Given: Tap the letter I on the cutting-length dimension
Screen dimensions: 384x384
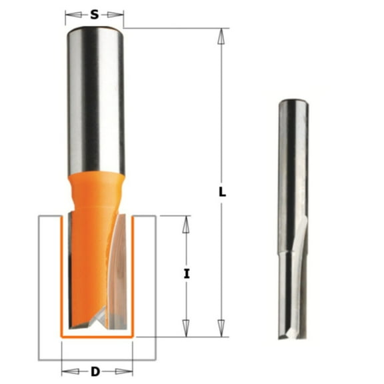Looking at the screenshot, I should (x=187, y=273).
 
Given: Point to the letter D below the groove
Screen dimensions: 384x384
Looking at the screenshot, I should (x=96, y=371).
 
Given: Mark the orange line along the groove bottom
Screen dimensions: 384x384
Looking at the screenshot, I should (x=96, y=333).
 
